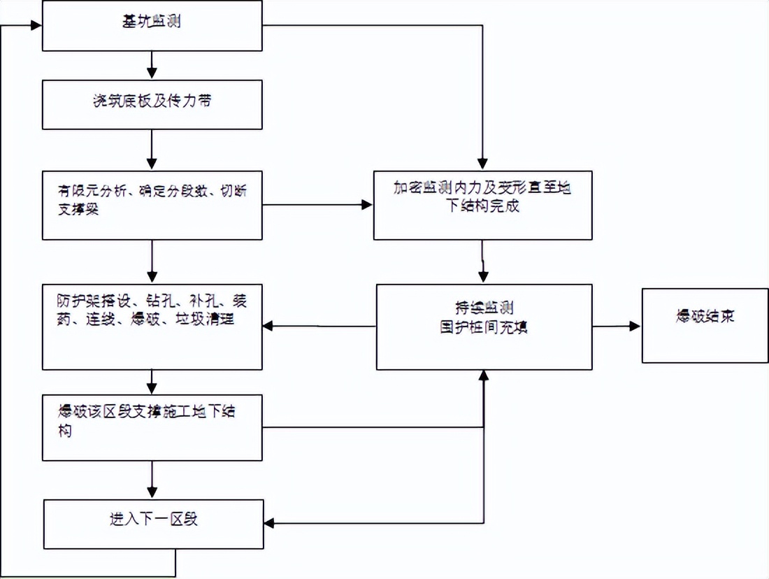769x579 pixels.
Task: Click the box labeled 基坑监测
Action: pyautogui.click(x=152, y=26)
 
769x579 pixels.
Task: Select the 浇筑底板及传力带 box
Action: pyautogui.click(x=152, y=104)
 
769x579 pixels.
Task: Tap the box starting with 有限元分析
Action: pyautogui.click(x=152, y=205)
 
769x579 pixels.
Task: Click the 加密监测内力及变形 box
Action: pyautogui.click(x=482, y=205)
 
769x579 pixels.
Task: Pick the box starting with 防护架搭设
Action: pyautogui.click(x=152, y=326)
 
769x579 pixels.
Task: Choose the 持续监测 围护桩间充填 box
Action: pyautogui.click(x=484, y=326)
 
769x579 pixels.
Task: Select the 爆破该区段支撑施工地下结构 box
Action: pyautogui.click(x=152, y=427)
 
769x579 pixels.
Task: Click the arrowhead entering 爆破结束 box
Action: pyautogui.click(x=635, y=326)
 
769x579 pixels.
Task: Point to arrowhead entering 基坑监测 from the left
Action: pyautogui.click(x=36, y=26)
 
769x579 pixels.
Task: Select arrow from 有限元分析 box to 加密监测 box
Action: pyautogui.click(x=318, y=205)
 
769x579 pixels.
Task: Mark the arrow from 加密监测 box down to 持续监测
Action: pyautogui.click(x=482, y=262)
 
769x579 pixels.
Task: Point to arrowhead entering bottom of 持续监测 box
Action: pyautogui.click(x=483, y=376)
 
